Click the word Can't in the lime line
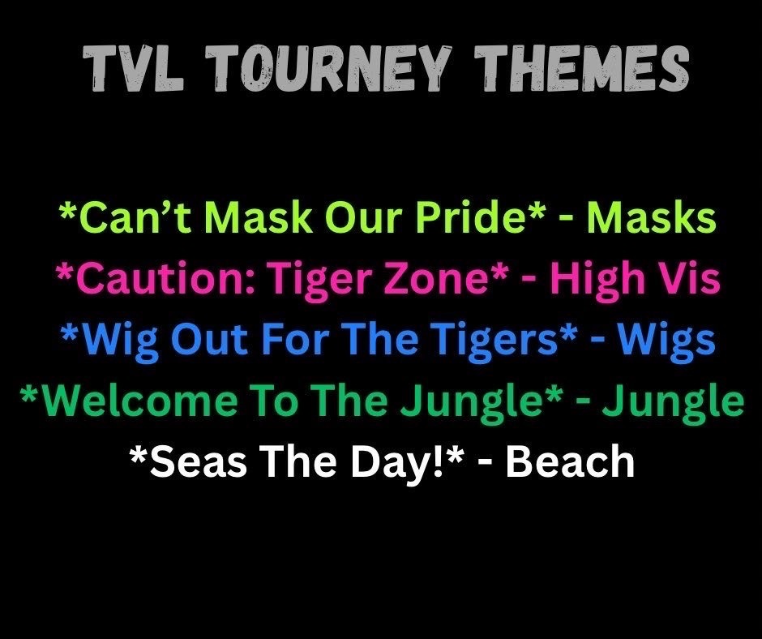pos(129,219)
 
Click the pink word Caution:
pos(164,281)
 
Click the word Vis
pos(688,281)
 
